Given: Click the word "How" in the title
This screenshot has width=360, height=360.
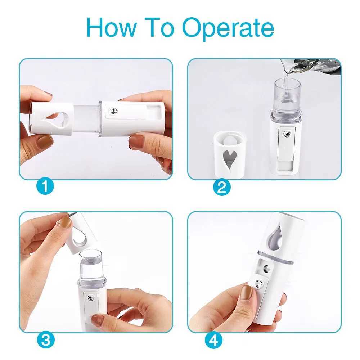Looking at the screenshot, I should pos(110,28).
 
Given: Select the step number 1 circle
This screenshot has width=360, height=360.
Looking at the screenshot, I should pos(45,186).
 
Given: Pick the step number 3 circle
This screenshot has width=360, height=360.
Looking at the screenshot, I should pos(45,339).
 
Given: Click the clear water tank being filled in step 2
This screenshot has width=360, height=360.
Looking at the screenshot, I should pos(287,95).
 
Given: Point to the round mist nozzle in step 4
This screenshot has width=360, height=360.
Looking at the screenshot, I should pos(266,268).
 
